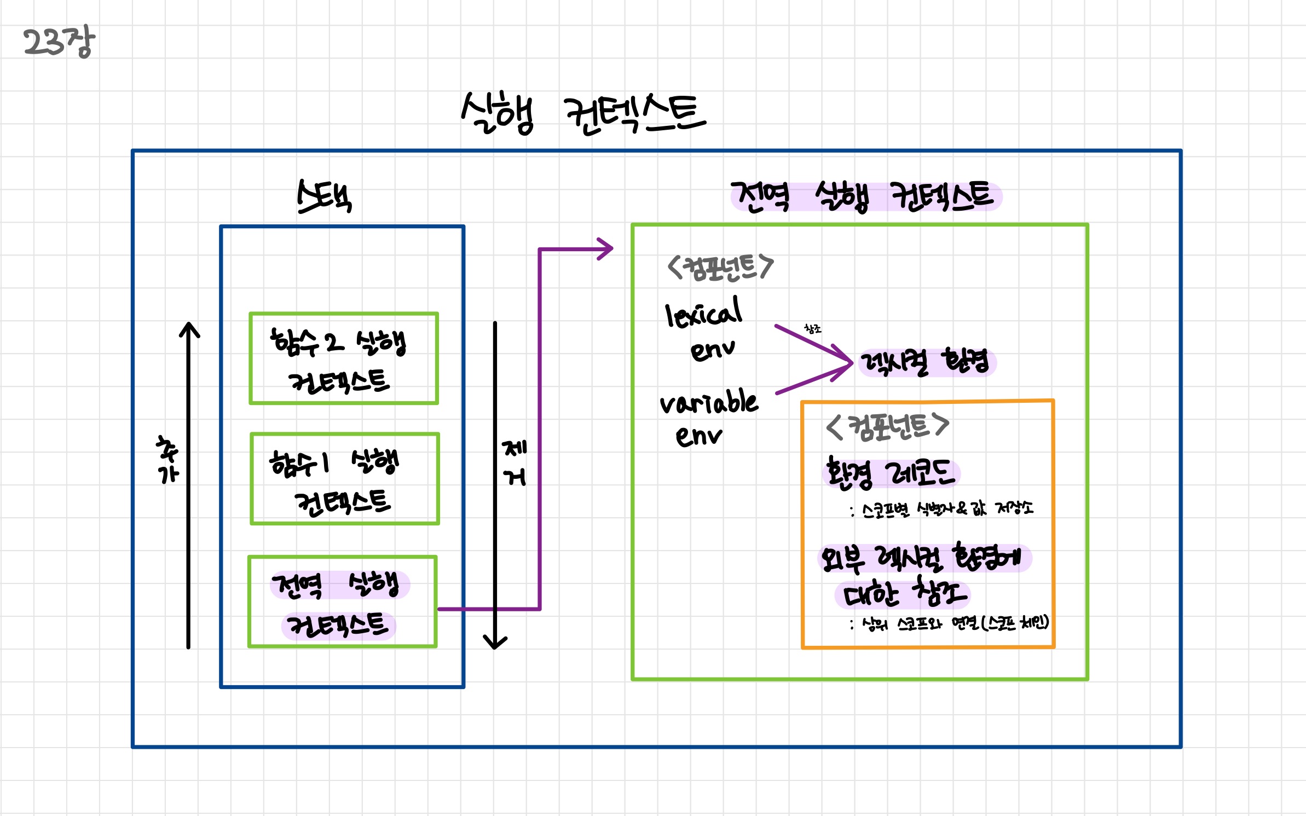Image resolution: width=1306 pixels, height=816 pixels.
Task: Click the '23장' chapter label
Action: click(59, 42)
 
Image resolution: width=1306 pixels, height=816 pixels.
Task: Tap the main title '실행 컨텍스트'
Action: click(583, 113)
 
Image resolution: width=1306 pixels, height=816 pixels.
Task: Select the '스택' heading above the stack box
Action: click(324, 196)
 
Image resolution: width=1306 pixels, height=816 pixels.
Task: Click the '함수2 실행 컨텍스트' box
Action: click(344, 358)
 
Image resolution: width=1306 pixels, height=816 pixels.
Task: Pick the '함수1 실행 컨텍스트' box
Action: click(344, 479)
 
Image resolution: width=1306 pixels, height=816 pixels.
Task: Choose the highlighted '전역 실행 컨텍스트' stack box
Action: click(342, 602)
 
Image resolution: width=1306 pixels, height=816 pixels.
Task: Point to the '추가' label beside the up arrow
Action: click(167, 460)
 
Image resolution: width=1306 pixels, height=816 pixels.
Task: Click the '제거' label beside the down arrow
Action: click(515, 463)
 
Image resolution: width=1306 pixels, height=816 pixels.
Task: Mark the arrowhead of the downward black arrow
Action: click(495, 643)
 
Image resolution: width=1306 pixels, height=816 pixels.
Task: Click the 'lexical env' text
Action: click(704, 328)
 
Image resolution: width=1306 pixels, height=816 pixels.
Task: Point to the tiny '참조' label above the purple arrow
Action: click(813, 329)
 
